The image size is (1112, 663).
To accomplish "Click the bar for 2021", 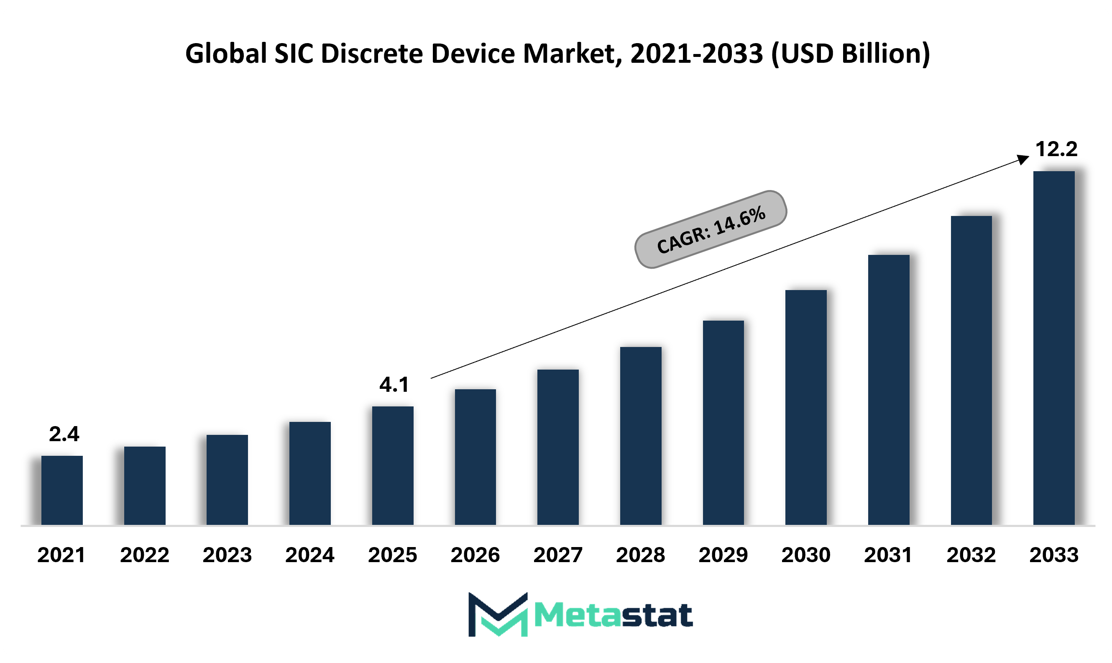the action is [x=62, y=490].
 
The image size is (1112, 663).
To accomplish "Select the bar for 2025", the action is [x=393, y=465].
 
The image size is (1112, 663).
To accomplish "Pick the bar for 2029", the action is [x=723, y=423].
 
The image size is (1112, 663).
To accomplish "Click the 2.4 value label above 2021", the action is [x=64, y=434].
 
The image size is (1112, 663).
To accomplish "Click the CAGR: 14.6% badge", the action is [x=711, y=230].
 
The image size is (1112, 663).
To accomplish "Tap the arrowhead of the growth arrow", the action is [x=1024, y=159].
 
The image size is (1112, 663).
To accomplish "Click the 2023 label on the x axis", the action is [x=227, y=555].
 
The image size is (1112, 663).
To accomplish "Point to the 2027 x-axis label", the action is [x=558, y=555].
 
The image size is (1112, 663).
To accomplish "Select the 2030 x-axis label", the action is [x=806, y=555].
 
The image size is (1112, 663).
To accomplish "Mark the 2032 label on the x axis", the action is [x=971, y=555].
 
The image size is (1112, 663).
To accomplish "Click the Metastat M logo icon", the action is [x=498, y=614].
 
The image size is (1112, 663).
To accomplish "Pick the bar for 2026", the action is [x=475, y=457].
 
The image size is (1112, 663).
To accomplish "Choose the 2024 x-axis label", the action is [x=310, y=555].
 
